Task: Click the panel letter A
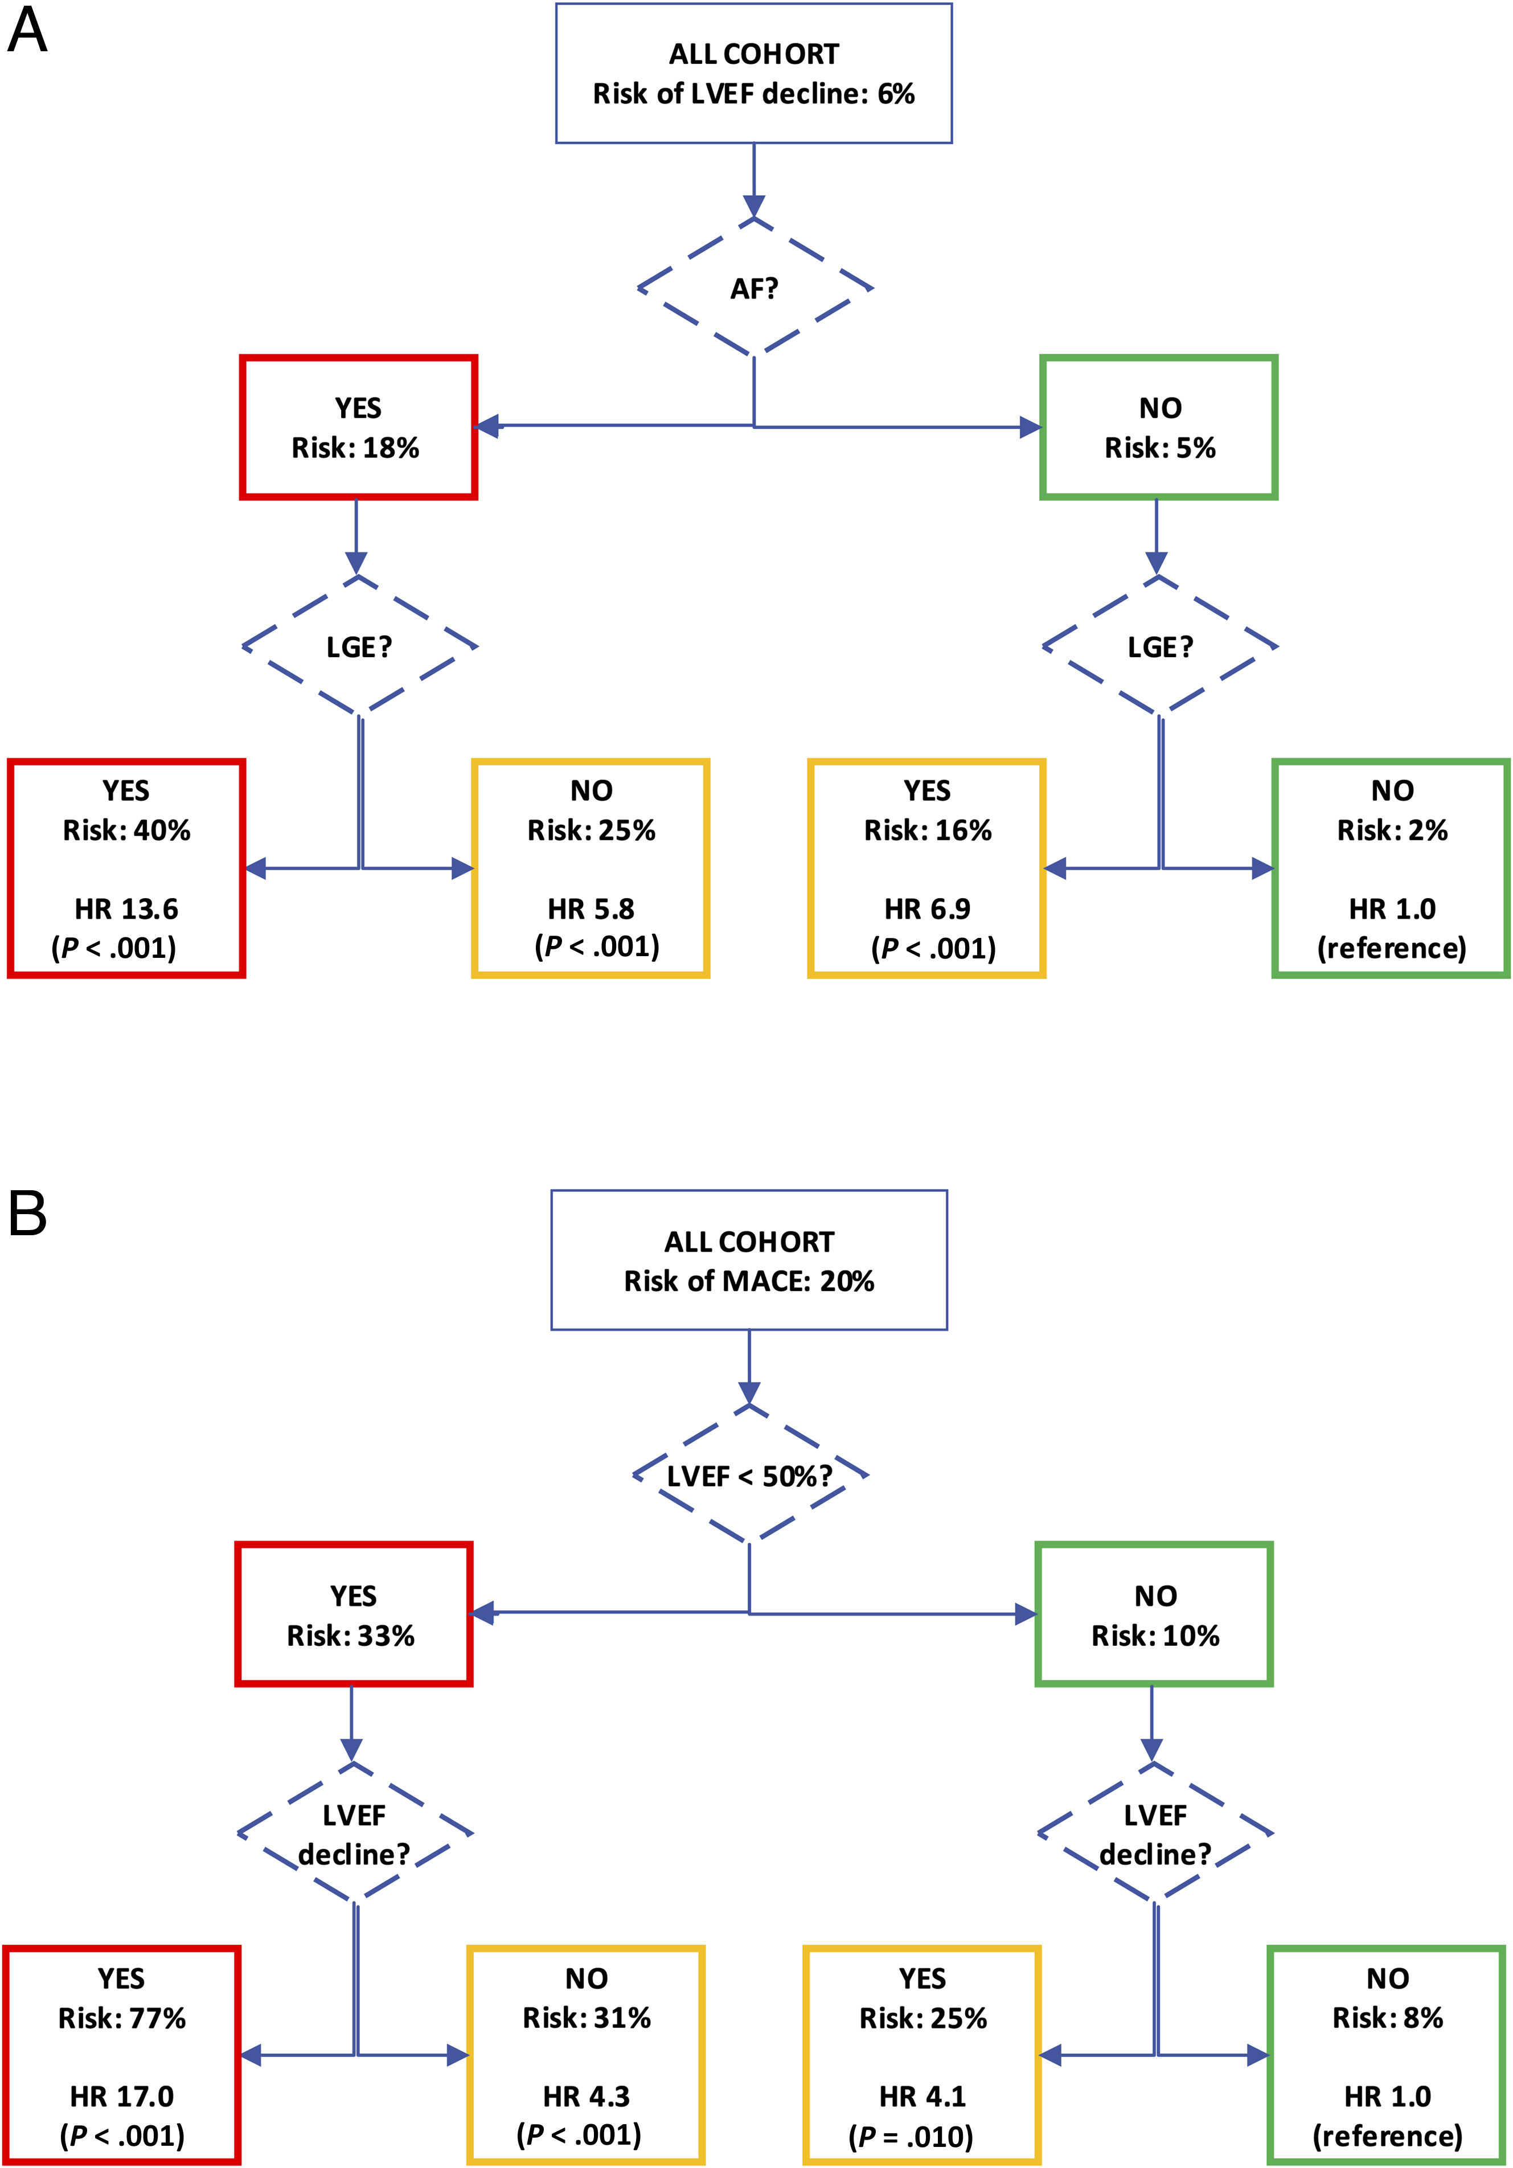[x=27, y=31]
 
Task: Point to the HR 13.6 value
[x=126, y=908]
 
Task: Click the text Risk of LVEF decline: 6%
[x=754, y=93]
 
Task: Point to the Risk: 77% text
[x=122, y=2018]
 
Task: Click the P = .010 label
[x=911, y=2136]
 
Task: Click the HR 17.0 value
[x=122, y=2096]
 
